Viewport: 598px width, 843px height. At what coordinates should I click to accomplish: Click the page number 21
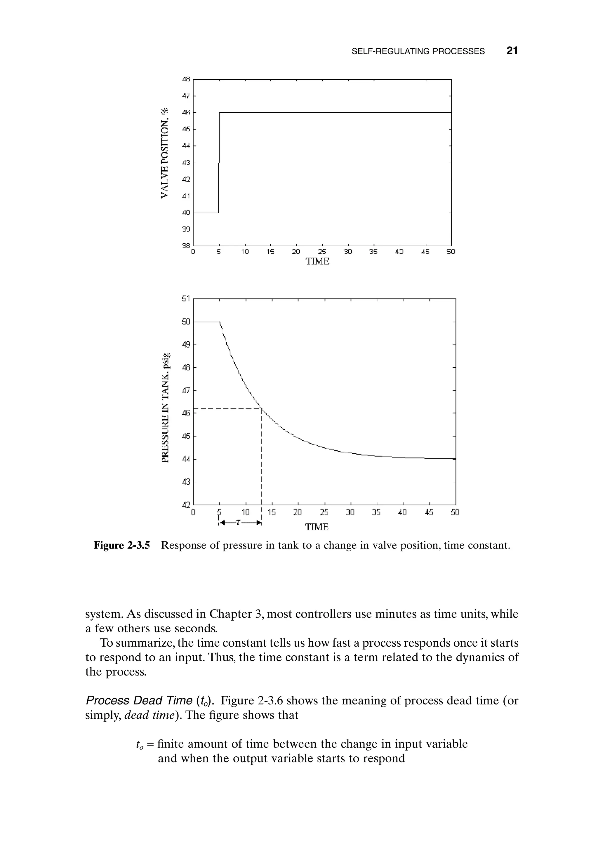point(512,51)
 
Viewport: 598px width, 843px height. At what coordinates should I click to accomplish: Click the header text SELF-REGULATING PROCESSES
point(418,52)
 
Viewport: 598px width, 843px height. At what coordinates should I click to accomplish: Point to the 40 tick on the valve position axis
point(186,213)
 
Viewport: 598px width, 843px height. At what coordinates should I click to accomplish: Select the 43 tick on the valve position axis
point(186,162)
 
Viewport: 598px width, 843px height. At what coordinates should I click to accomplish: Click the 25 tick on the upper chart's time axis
point(322,252)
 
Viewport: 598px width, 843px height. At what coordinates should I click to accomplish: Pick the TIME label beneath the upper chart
point(317,262)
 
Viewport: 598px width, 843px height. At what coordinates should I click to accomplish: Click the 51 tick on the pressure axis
point(186,299)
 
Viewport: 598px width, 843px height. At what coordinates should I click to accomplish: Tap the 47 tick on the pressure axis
point(186,390)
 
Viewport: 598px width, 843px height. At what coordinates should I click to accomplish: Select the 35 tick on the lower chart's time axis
point(376,512)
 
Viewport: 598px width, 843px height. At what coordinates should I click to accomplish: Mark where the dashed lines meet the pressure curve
point(261,408)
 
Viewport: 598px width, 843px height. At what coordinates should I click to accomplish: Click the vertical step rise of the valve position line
point(219,162)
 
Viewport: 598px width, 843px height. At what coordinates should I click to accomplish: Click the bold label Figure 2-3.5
point(121,545)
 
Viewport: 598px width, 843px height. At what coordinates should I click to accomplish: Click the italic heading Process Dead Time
point(139,700)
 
